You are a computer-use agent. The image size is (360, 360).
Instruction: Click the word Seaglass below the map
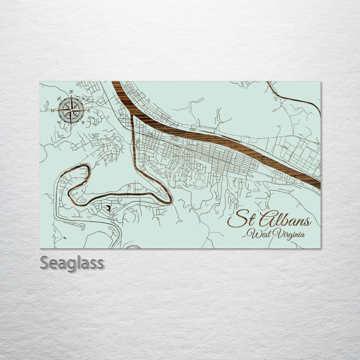pos(72,263)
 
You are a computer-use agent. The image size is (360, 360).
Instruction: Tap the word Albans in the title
pos(284,220)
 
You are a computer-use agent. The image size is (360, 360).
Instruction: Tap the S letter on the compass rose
pos(71,128)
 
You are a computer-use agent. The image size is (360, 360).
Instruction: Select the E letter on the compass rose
pos(89,110)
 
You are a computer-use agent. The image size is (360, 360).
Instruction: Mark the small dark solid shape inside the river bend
pos(107,207)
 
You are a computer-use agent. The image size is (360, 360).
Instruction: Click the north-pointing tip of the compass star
pos(71,96)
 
